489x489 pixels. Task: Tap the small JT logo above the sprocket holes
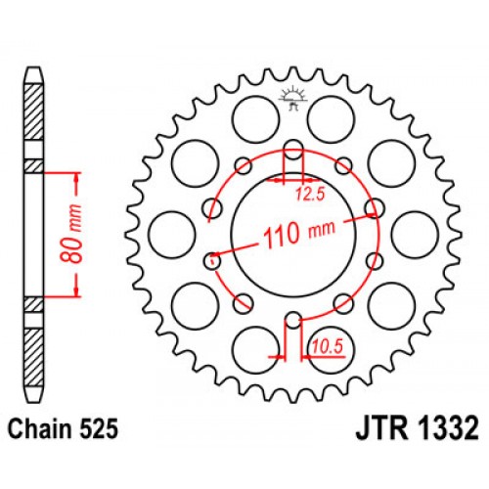click(291, 97)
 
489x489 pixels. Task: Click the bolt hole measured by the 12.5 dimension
click(291, 150)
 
